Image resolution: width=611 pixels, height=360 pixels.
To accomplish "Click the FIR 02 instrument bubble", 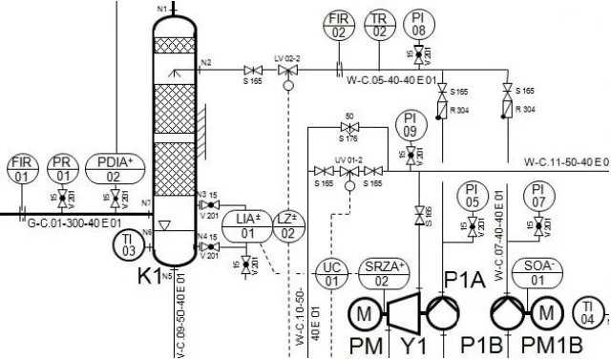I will (339, 25).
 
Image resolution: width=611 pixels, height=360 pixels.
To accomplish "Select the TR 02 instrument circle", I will (379, 25).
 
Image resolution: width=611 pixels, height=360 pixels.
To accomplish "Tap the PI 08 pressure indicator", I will (418, 25).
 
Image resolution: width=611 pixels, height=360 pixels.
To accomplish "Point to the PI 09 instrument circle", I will (409, 126).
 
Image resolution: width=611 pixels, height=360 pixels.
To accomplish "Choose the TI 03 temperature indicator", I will (129, 245).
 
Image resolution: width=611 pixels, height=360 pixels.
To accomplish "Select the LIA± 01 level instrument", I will (247, 226).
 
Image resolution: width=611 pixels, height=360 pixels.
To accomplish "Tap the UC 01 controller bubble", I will (332, 274).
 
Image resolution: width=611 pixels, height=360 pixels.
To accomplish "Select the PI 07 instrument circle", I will (538, 196).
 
